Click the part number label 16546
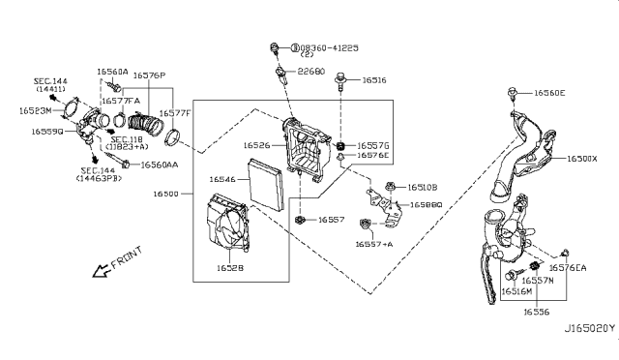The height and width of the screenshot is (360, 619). pos(223,179)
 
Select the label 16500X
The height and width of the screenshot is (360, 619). pos(582,158)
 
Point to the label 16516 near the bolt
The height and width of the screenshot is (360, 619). pos(374,82)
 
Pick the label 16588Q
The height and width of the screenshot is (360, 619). pos(426,205)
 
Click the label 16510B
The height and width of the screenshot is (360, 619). pos(422,187)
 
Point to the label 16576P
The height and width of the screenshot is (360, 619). pos(149,75)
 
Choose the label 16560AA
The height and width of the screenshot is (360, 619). pos(160,165)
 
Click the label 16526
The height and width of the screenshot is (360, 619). pos(256,145)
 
